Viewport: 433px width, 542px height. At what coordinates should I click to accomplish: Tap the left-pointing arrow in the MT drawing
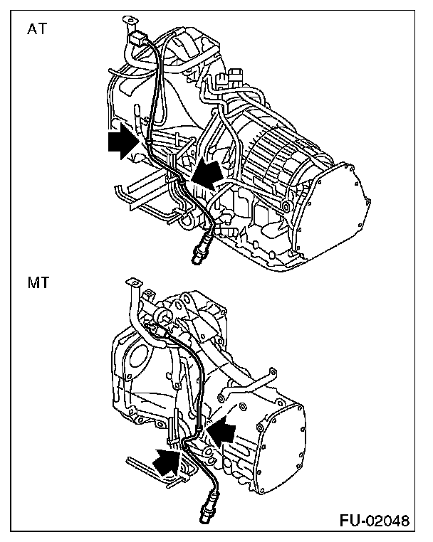[x=221, y=430]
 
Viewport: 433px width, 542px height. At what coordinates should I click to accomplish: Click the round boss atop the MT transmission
[x=169, y=315]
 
